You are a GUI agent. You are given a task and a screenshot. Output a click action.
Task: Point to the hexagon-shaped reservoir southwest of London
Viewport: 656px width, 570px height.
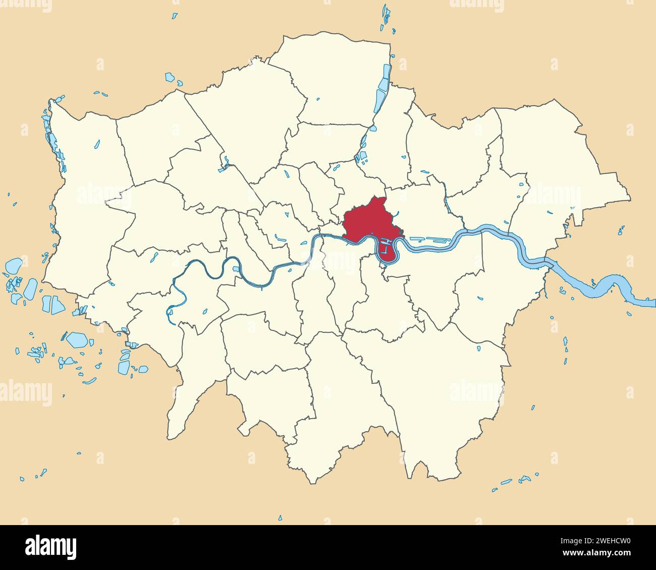point(77,339)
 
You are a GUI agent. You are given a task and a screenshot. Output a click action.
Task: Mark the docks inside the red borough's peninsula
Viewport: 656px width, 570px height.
point(387,247)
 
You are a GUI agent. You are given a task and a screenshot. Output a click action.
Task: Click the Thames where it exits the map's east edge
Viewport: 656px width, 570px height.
point(648,302)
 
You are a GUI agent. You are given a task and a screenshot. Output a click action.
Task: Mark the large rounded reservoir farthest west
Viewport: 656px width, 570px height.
point(14,266)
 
